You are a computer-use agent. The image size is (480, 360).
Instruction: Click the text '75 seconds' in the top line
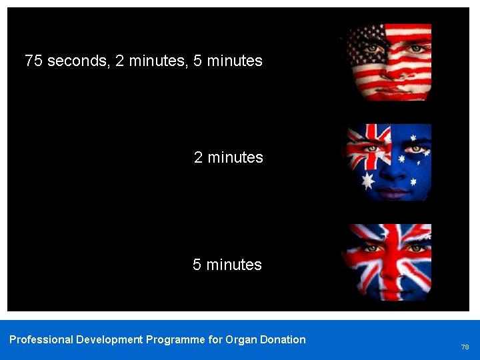click(x=65, y=61)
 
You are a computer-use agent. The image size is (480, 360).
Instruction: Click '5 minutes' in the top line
click(x=227, y=61)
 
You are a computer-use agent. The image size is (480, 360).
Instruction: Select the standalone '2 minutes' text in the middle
click(x=228, y=157)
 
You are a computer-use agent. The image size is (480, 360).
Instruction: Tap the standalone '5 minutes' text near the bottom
click(x=227, y=265)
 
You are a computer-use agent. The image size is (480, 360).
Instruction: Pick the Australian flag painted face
click(x=389, y=162)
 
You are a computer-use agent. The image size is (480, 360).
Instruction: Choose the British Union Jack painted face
click(x=389, y=262)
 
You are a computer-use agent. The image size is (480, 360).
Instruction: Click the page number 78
click(x=465, y=347)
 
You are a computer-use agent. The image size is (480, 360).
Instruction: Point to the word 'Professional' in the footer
click(x=41, y=340)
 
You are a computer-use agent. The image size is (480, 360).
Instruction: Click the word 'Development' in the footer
click(x=109, y=340)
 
